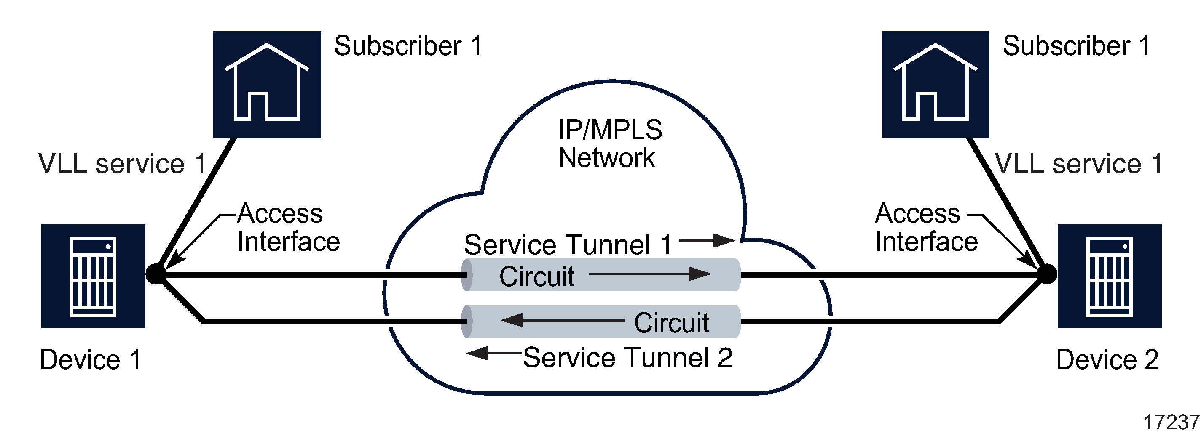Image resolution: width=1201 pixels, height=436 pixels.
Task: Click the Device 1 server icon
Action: tap(93, 276)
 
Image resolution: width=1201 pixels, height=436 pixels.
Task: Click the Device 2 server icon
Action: tap(1109, 276)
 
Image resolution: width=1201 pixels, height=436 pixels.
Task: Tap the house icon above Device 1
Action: tap(267, 84)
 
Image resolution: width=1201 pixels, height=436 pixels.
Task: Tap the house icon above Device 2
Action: tap(935, 84)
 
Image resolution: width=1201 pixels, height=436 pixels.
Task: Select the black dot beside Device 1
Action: tap(155, 274)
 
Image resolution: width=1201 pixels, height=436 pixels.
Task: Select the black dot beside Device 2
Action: tap(1047, 274)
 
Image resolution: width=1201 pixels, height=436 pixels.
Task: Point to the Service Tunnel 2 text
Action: tap(627, 358)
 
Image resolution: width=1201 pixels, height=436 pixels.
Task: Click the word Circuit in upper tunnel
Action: tap(536, 276)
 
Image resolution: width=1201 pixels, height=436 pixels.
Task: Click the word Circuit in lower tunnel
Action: tap(671, 322)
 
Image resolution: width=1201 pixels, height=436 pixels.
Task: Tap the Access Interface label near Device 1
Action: tap(288, 227)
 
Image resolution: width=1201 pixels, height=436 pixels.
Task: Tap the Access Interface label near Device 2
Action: tap(926, 227)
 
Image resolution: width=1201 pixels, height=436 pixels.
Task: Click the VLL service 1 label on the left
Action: tap(122, 164)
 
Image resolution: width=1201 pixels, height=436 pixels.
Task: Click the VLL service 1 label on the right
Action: tap(1078, 164)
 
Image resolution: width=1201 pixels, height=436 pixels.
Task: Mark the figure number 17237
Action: tap(1171, 423)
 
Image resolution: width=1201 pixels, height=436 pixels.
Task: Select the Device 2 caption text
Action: tap(1107, 359)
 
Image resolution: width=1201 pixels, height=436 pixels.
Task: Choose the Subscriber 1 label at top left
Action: tap(408, 46)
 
